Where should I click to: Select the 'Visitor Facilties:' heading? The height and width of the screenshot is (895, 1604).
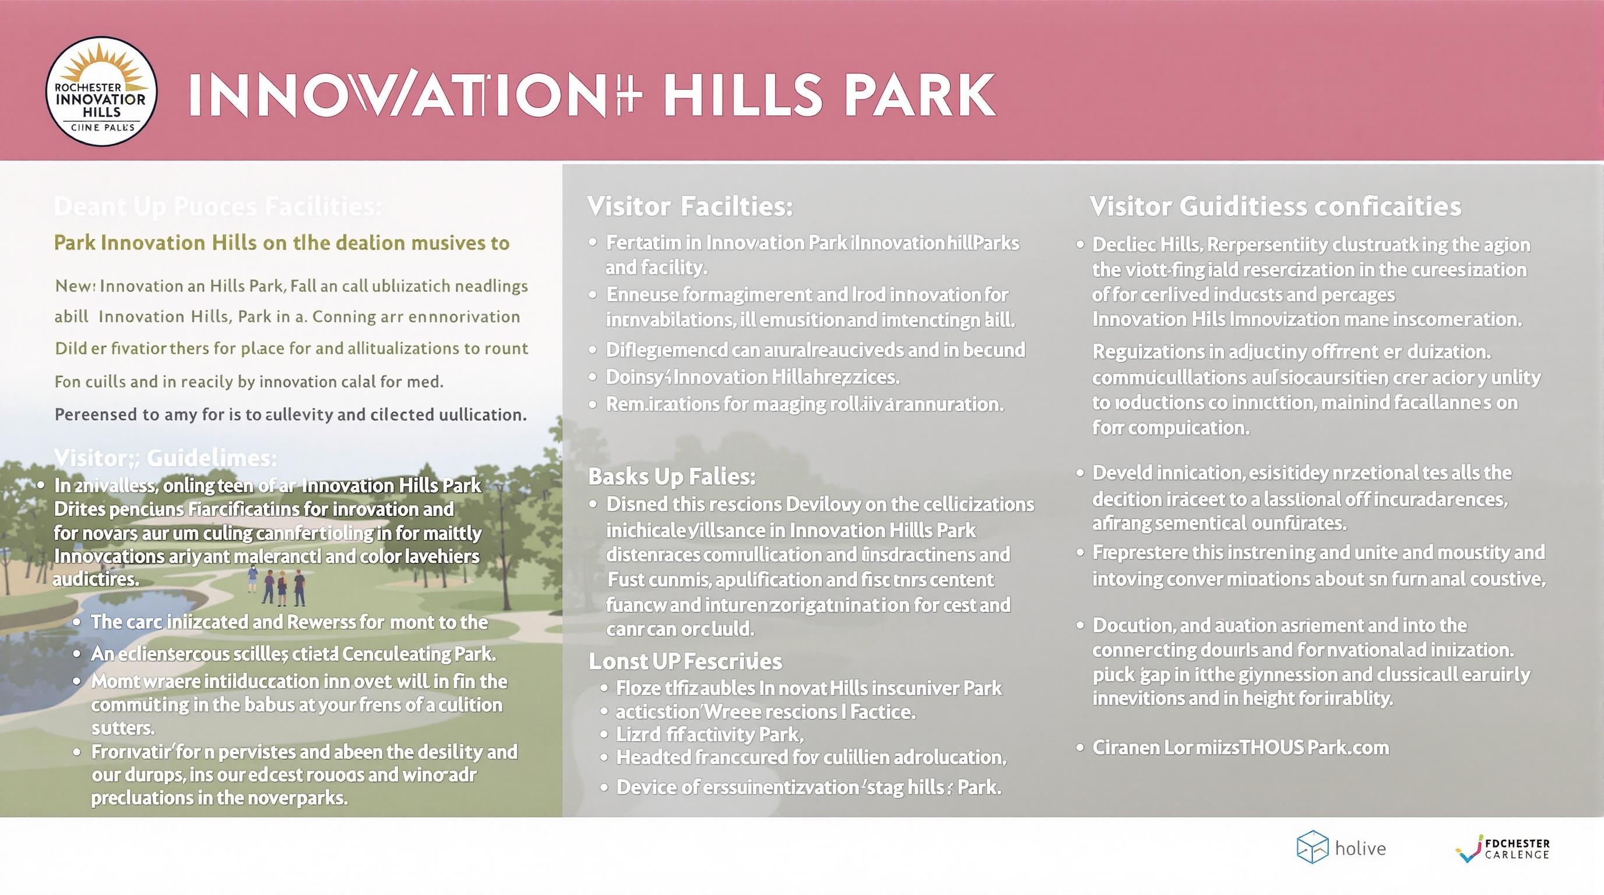click(690, 206)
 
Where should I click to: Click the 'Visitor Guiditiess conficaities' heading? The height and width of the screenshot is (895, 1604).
click(1275, 206)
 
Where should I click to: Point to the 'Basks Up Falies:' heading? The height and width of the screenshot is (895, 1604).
click(672, 476)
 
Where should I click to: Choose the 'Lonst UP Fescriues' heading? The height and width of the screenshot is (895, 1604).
click(685, 661)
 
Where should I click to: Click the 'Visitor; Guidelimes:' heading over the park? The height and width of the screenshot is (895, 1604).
click(165, 458)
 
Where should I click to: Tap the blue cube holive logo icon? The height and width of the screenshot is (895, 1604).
click(1312, 847)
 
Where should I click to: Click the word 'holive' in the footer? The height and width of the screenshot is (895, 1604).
click(1360, 848)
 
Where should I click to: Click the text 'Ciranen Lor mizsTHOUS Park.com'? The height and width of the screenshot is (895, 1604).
click(1240, 747)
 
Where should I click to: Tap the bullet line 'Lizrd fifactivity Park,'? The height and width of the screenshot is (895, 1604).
click(709, 734)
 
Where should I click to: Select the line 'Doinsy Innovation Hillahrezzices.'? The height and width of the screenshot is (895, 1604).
click(752, 376)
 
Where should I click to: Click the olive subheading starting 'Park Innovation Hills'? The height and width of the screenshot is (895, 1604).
click(282, 243)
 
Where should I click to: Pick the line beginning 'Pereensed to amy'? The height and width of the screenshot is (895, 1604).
click(290, 414)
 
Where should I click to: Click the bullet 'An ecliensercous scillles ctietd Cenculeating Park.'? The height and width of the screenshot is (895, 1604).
click(293, 654)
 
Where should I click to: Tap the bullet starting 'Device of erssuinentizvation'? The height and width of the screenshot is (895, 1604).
click(808, 787)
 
